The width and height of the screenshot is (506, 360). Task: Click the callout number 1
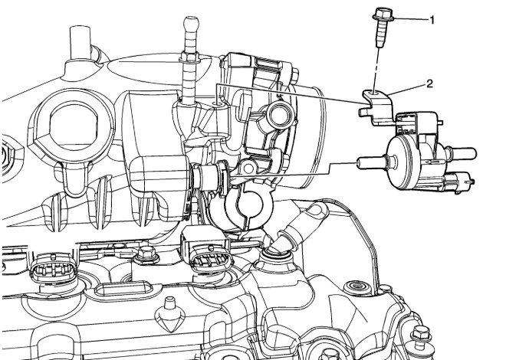click(432, 21)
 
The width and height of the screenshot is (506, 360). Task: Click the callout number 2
click(429, 84)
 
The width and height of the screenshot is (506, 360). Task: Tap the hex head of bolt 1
click(383, 15)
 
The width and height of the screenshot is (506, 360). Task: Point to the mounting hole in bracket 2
click(374, 93)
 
